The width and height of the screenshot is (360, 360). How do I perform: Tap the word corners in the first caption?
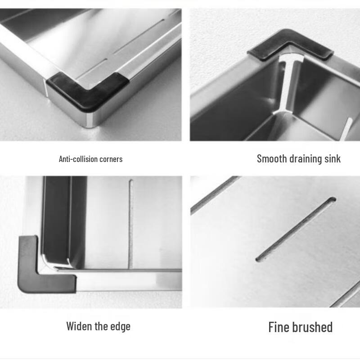109,159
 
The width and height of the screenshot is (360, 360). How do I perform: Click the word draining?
305,158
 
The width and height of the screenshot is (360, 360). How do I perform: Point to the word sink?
333,158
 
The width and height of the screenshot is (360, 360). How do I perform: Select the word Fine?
279,327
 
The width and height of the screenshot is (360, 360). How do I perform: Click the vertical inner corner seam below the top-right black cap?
288,85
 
